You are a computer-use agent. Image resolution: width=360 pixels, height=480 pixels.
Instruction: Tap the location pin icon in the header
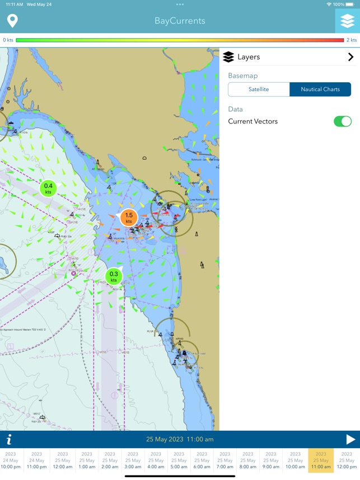tap(12, 21)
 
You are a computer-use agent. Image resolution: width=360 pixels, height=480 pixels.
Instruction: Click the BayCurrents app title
tap(180, 21)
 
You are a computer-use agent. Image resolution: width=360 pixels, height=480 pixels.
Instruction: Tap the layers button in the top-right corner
tap(347, 21)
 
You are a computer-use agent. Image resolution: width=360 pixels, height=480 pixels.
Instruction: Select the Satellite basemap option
tap(259, 90)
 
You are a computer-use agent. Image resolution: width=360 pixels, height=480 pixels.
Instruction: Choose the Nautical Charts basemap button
tap(320, 90)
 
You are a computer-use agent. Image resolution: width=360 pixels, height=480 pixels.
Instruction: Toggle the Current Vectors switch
tap(342, 121)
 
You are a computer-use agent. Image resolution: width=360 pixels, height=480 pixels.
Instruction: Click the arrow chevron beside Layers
tap(350, 57)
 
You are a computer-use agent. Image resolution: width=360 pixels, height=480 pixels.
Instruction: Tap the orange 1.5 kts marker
tap(129, 218)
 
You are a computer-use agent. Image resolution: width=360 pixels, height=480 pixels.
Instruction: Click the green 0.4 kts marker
tap(48, 189)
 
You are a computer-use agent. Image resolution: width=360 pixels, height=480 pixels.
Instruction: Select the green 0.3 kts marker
tap(114, 276)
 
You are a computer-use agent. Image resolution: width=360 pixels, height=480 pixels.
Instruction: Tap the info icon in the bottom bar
tap(9, 440)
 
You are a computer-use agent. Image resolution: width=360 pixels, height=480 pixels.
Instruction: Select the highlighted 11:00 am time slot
tap(321, 460)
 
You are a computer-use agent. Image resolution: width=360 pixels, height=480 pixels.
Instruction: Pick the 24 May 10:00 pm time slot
tap(11, 460)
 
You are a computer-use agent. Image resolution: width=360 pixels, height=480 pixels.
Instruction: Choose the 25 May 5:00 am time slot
tap(179, 460)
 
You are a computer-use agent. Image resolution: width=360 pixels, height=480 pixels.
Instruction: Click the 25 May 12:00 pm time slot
tap(347, 460)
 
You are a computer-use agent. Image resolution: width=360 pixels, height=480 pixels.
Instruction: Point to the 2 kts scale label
tap(352, 40)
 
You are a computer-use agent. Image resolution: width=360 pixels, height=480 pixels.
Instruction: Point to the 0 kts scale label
tap(8, 40)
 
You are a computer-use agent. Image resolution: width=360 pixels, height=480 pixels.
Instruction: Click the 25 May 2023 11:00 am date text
tap(180, 440)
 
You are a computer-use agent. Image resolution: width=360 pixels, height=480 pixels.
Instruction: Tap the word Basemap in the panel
tap(243, 76)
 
